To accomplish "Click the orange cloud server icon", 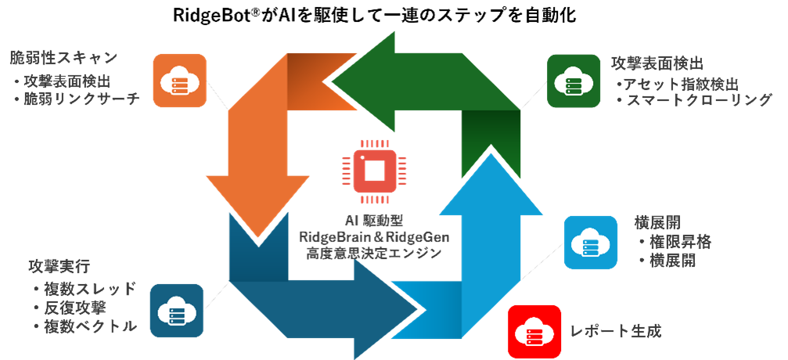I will tap(179, 80).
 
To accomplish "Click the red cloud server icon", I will tap(534, 331).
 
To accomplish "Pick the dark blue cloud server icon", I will tap(176, 310).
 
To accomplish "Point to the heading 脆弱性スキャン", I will tap(63, 58).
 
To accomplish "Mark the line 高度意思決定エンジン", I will tap(373, 253).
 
